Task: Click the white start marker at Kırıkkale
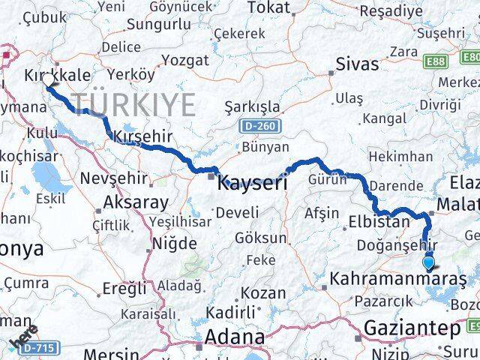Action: coord(48,79)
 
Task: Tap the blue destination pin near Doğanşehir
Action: coord(428,262)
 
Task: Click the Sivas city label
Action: coord(358,63)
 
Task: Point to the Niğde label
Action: coord(174,243)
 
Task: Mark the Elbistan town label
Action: coord(379,222)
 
